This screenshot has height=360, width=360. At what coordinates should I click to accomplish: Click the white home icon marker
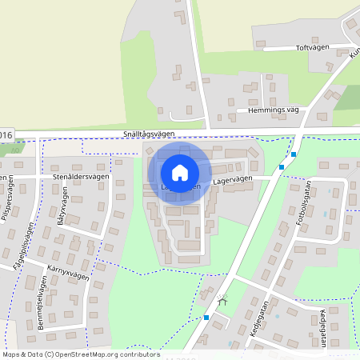click(x=180, y=172)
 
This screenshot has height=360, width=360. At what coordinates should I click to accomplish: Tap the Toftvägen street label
click(x=313, y=48)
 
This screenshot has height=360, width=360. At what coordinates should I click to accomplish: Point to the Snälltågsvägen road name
click(x=154, y=136)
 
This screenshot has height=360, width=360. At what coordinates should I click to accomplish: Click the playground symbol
click(x=222, y=301)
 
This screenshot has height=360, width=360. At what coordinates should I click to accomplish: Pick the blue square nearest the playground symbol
click(x=206, y=318)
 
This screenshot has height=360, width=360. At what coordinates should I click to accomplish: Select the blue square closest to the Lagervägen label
click(x=281, y=167)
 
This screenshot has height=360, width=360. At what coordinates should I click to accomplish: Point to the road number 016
click(x=7, y=134)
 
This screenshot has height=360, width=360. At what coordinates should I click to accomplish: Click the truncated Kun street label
click(x=353, y=52)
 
